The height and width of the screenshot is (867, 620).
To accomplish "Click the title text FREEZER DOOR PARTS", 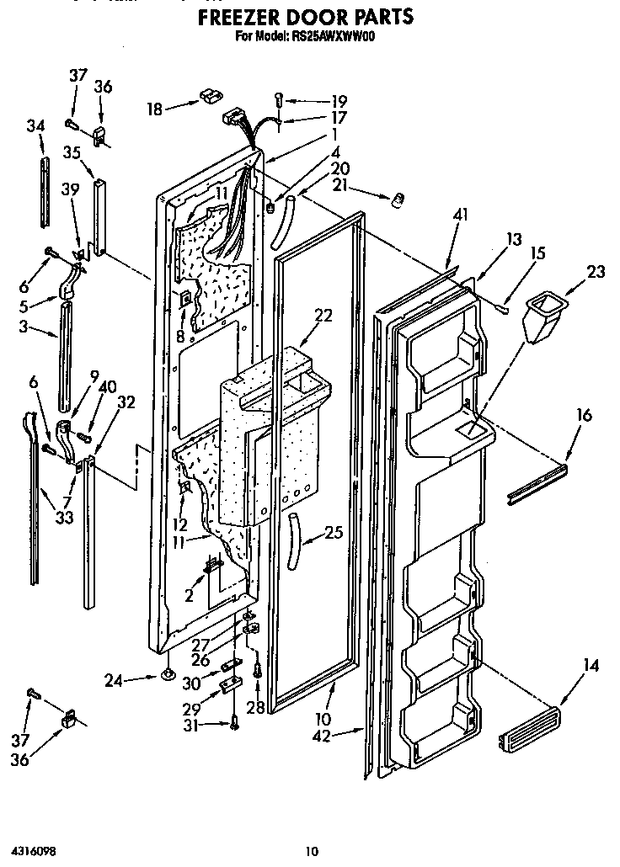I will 307,16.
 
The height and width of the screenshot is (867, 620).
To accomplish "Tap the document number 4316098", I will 34,851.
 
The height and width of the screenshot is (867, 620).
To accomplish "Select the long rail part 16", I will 537,486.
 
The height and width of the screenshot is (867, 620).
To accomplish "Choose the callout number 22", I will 323,316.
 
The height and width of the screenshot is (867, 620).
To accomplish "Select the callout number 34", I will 35,125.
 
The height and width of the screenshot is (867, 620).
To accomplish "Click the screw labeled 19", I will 281,98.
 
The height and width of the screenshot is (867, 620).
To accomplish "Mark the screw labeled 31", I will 235,722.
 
